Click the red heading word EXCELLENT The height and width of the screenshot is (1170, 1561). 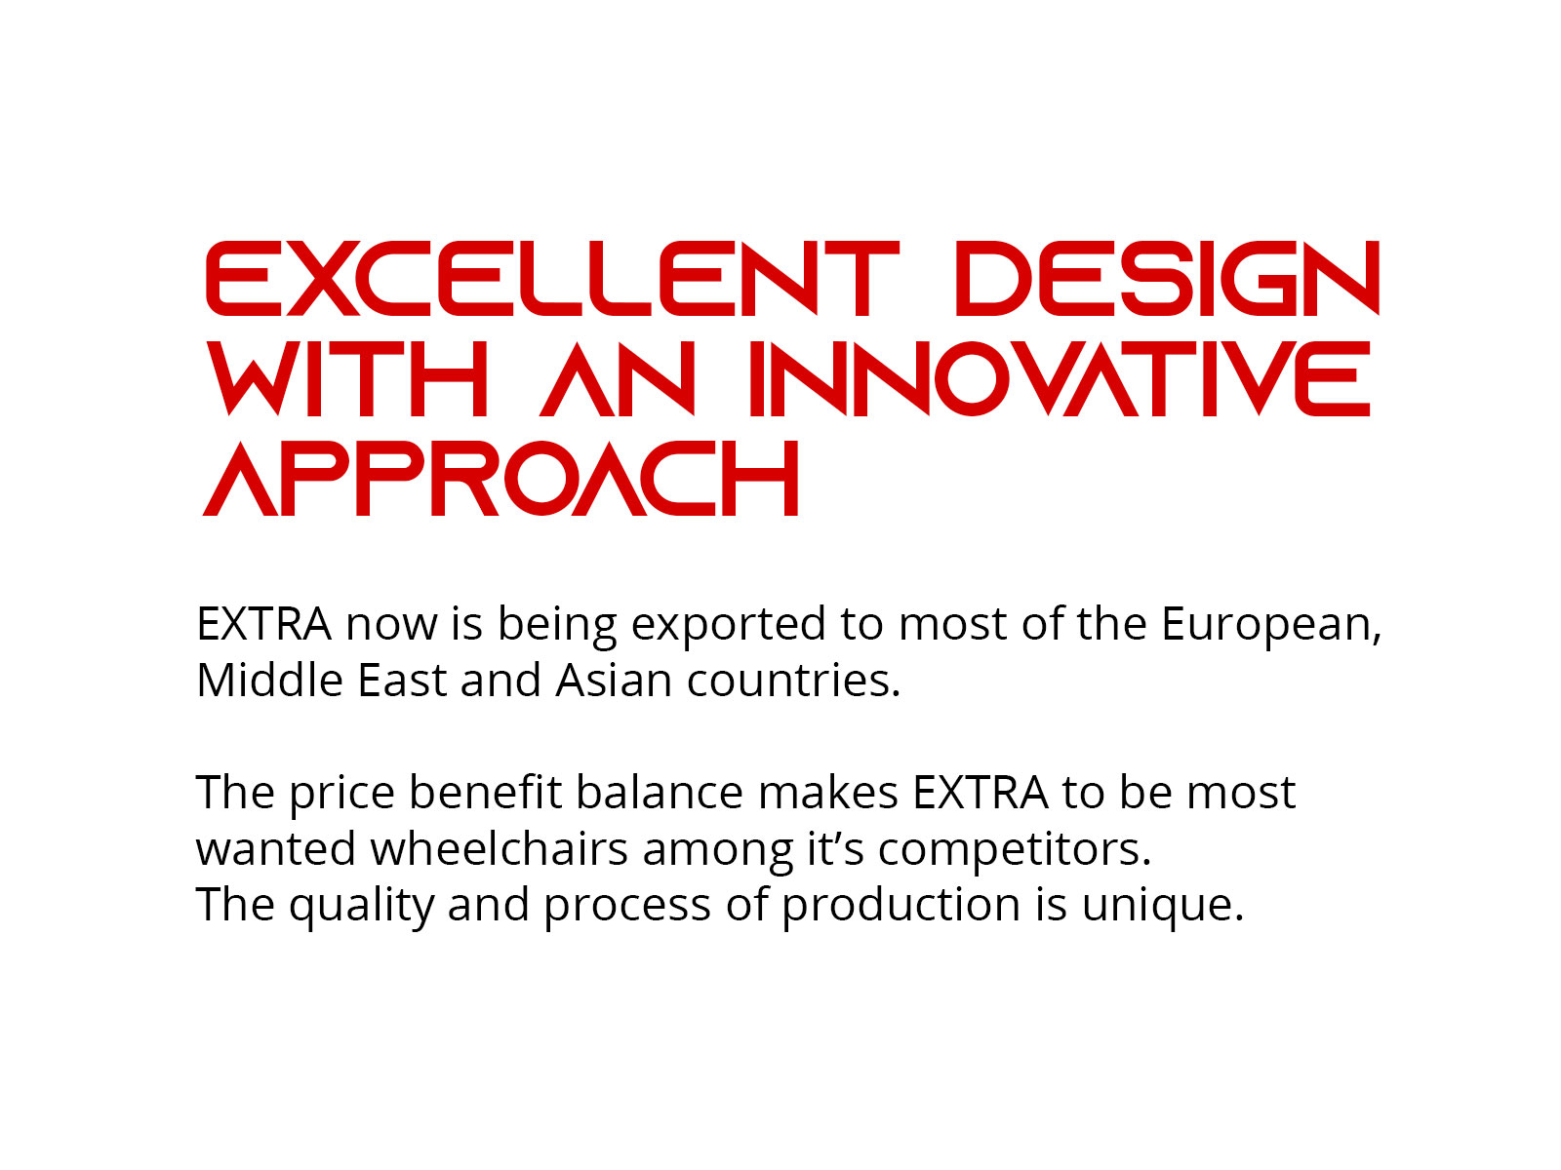[552, 278]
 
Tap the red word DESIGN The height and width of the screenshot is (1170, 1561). [1168, 278]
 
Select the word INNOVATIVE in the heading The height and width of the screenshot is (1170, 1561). [1060, 378]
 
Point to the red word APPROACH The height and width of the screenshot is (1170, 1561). [500, 478]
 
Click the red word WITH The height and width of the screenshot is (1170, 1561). [347, 378]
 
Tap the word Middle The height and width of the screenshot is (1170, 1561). [269, 680]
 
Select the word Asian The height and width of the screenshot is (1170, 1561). [614, 680]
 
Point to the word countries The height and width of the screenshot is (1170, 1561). [793, 681]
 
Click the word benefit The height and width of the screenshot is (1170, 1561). [485, 792]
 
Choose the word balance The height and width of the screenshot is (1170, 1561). [660, 792]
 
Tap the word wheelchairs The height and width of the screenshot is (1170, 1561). [500, 848]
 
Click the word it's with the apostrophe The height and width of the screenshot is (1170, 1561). [835, 848]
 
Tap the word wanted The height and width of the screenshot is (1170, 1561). [276, 848]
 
